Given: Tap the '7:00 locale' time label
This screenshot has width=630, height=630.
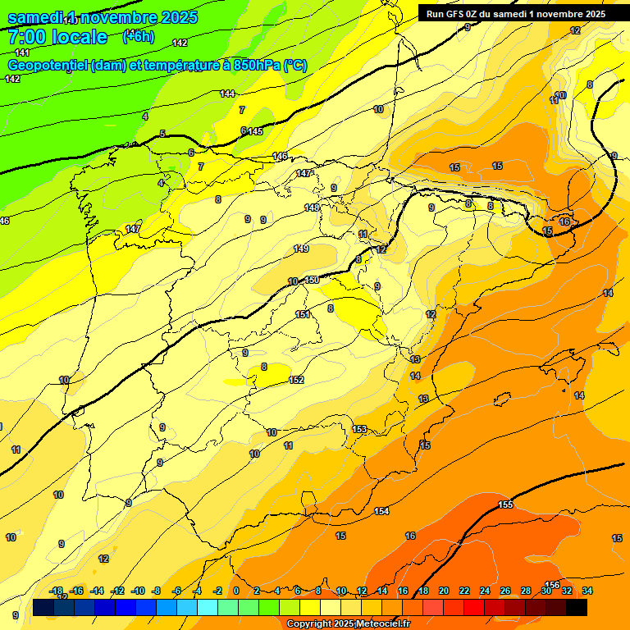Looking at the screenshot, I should click(x=57, y=37).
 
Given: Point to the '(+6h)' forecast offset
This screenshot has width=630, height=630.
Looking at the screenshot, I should click(x=138, y=36).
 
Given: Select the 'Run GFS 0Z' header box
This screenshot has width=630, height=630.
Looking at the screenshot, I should click(x=515, y=13).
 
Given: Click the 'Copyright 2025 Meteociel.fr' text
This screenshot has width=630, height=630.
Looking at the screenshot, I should click(x=348, y=624).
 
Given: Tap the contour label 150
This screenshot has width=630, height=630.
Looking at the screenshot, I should click(x=312, y=281).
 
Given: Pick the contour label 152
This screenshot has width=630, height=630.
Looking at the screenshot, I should click(x=296, y=380).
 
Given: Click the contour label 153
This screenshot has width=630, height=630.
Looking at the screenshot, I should click(x=359, y=429).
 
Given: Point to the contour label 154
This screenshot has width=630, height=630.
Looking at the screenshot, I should click(x=381, y=511).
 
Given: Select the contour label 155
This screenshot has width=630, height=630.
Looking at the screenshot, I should click(x=505, y=504).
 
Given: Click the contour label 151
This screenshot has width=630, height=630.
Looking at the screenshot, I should click(x=303, y=314).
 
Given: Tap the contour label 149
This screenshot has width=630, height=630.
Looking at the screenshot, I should click(x=301, y=249).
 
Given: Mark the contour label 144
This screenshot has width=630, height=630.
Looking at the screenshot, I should click(x=227, y=94).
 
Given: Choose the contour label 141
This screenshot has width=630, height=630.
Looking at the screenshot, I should click(x=22, y=52).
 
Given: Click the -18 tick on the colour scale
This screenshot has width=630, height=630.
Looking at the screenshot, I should click(x=56, y=591).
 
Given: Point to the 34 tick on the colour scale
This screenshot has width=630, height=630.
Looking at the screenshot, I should click(x=587, y=591).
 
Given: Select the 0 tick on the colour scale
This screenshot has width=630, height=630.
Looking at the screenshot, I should click(x=235, y=591).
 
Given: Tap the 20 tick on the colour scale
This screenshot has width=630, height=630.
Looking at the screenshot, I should click(x=443, y=591).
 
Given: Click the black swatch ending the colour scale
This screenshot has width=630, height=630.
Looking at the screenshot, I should click(x=577, y=607).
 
